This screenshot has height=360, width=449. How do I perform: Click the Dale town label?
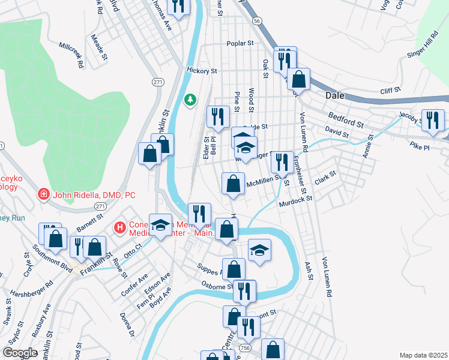(334, 95)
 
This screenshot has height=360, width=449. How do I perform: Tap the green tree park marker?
(190, 99)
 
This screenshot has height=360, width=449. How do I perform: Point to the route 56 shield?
(257, 20)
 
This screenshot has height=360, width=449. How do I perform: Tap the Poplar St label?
(240, 44)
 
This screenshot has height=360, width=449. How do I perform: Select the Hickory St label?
(201, 71)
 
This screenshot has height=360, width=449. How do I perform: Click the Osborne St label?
(216, 286)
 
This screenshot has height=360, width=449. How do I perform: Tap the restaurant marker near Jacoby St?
(432, 119)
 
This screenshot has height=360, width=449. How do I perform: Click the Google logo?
(20, 353)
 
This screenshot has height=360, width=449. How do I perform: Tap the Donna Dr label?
(127, 325)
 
